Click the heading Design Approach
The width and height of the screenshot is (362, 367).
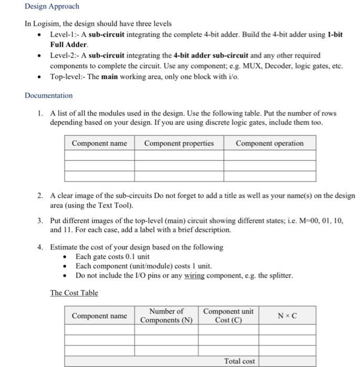(52, 6)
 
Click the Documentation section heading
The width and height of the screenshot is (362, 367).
(48, 95)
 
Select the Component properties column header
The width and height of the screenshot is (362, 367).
(179, 143)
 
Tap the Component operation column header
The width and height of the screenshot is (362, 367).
(270, 143)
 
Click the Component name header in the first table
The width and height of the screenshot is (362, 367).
(99, 143)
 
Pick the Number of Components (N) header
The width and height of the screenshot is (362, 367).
(166, 316)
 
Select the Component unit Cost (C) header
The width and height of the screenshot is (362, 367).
(228, 316)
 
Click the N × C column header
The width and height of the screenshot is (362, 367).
(287, 316)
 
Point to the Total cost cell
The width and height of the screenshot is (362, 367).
(239, 361)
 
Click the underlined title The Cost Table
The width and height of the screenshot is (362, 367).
(74, 293)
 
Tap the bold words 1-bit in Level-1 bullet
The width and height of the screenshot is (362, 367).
(335, 34)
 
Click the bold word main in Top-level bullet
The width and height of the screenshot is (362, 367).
(109, 76)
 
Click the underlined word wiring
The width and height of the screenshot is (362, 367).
(194, 275)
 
